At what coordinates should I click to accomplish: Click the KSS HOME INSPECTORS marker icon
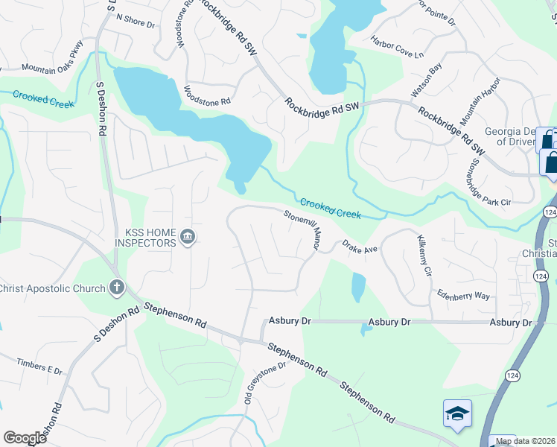point(188,238)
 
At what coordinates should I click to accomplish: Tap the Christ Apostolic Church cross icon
point(116,287)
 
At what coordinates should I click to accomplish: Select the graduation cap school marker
point(456,413)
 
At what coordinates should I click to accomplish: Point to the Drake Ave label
point(360,247)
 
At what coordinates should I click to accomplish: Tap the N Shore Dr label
point(135,25)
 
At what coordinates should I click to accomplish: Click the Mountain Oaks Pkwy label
point(53,68)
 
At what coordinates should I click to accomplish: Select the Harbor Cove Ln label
point(397,49)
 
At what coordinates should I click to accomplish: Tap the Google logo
point(25,438)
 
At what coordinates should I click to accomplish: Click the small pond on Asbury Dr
point(365,328)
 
